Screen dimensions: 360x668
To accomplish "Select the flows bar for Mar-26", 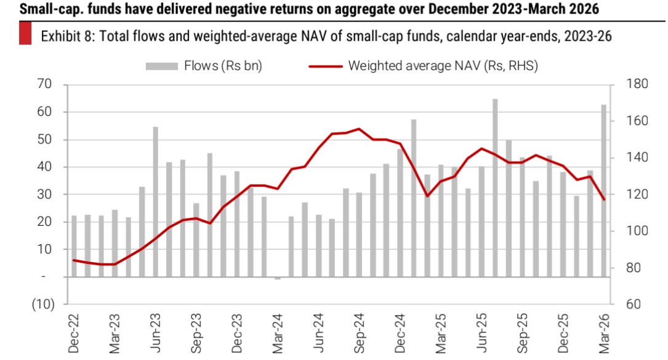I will click(604, 191).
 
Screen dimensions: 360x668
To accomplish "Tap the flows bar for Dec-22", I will click(74, 246).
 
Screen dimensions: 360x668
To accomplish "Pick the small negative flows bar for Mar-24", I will click(278, 278).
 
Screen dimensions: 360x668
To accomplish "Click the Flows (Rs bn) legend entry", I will click(204, 66).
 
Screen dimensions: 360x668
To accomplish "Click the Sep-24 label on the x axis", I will click(360, 335).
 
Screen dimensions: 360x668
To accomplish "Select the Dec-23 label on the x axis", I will click(237, 335).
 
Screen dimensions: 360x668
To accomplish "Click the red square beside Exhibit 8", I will click(25, 36).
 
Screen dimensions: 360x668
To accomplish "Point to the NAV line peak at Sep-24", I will click(359, 129).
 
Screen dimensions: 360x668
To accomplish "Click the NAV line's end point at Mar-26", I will click(604, 199).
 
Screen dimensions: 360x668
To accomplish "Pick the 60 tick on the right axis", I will click(634, 305).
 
